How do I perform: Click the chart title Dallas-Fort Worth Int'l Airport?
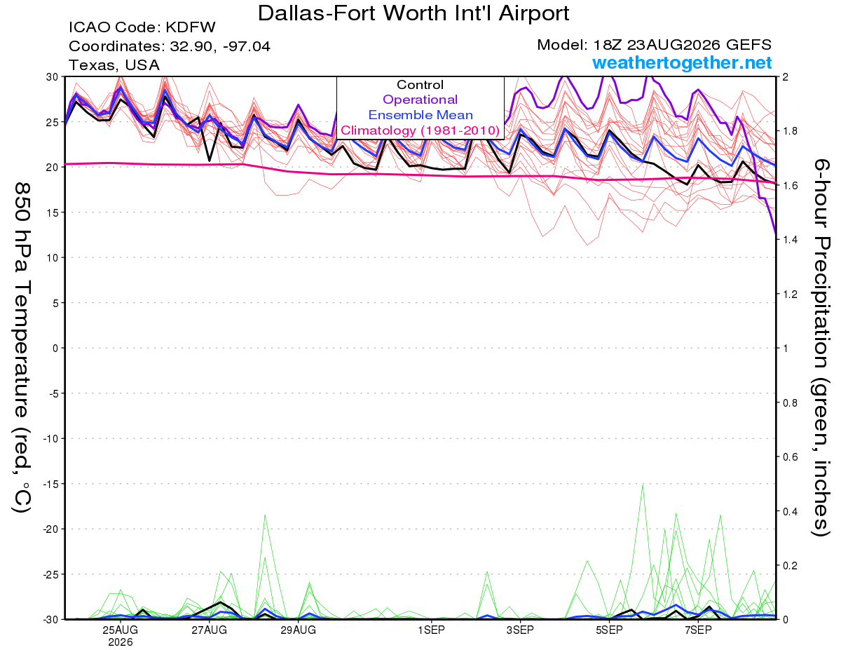413,13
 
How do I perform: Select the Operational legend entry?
420,100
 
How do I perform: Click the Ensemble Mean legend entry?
420,115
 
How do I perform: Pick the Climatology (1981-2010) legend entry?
420,130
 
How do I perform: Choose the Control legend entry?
420,85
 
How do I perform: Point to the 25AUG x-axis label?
121,630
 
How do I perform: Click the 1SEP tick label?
431,630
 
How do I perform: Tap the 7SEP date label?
698,630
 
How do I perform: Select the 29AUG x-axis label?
298,630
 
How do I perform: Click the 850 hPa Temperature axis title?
22,348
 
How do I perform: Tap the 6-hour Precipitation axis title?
820,347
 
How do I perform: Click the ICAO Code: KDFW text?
142,27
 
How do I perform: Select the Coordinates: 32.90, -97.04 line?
170,46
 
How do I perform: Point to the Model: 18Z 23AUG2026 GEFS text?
654,45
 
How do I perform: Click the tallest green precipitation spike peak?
643,485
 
